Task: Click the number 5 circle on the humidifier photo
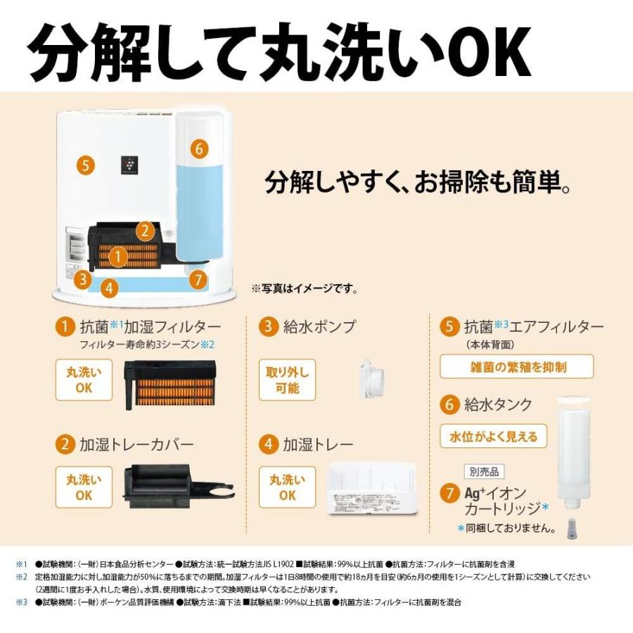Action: click(x=85, y=166)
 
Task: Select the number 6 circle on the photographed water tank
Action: click(x=199, y=148)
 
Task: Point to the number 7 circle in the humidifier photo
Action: click(x=198, y=280)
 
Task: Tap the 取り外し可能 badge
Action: click(x=287, y=380)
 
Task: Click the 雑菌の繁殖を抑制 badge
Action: click(x=517, y=366)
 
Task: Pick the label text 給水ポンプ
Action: click(x=319, y=326)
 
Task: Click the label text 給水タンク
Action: click(x=497, y=404)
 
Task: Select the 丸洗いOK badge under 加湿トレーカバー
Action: click(x=84, y=487)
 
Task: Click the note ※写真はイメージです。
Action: click(x=304, y=288)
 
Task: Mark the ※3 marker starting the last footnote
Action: click(x=20, y=602)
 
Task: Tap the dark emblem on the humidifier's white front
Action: click(x=128, y=165)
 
